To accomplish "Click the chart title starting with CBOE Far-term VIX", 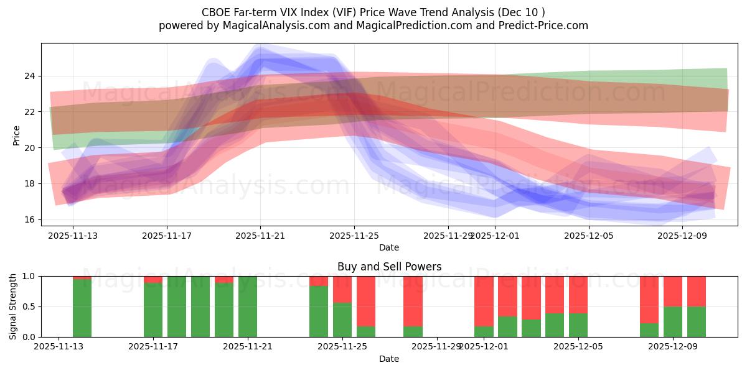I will [374, 12].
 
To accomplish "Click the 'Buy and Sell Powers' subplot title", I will [389, 267].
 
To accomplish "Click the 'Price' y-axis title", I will [17, 136].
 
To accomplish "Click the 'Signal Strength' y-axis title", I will [13, 306].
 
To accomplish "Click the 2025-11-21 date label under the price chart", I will [260, 236].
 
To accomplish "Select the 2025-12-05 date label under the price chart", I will [589, 236].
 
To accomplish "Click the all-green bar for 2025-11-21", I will [248, 306].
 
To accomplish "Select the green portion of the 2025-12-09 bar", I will [673, 321].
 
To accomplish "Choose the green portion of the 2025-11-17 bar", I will [153, 311].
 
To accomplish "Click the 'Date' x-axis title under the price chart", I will [389, 247].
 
